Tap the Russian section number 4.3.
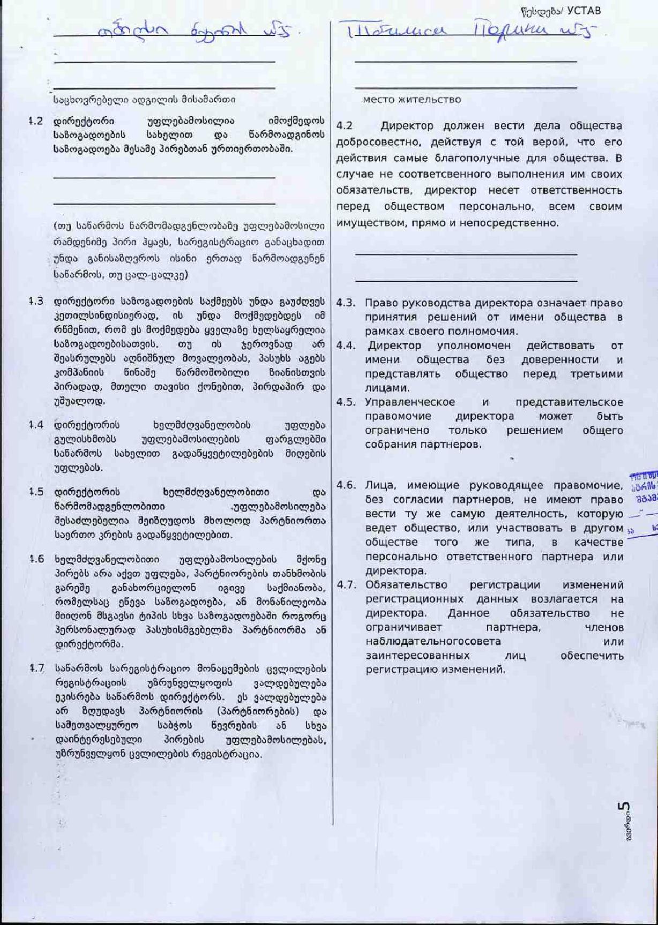(x=346, y=303)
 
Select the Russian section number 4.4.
(x=346, y=345)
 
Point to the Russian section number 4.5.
(x=346, y=402)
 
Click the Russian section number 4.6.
(x=346, y=485)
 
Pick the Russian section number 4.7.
(x=346, y=585)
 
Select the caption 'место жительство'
(x=412, y=100)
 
